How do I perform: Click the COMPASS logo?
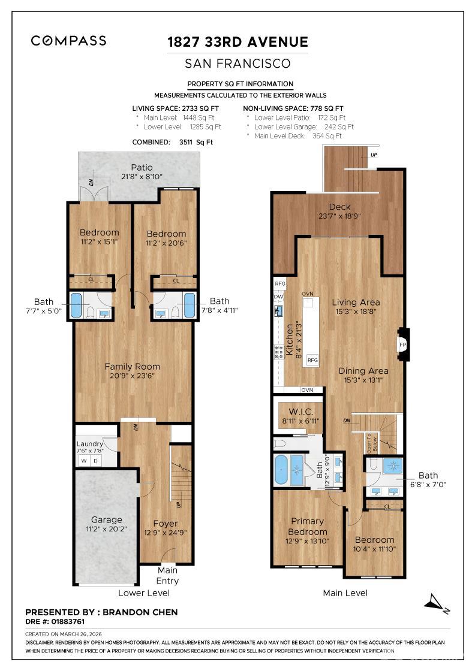tap(69, 41)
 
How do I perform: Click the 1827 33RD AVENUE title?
tap(237, 42)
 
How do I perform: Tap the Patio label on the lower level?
tap(142, 168)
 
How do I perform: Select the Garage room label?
tap(106, 520)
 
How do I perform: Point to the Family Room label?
tap(133, 367)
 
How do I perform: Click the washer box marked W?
tap(83, 460)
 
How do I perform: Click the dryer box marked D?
tap(95, 460)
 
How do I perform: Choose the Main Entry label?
tap(168, 575)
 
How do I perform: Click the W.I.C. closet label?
tap(300, 412)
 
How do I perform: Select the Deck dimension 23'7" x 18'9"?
tap(339, 216)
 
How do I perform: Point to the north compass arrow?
tap(437, 602)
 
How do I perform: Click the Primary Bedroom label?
tap(308, 527)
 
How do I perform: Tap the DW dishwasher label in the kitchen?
tap(278, 297)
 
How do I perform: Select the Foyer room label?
tap(165, 523)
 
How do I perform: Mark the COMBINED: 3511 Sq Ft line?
tap(172, 143)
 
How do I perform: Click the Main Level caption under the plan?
tap(345, 593)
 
